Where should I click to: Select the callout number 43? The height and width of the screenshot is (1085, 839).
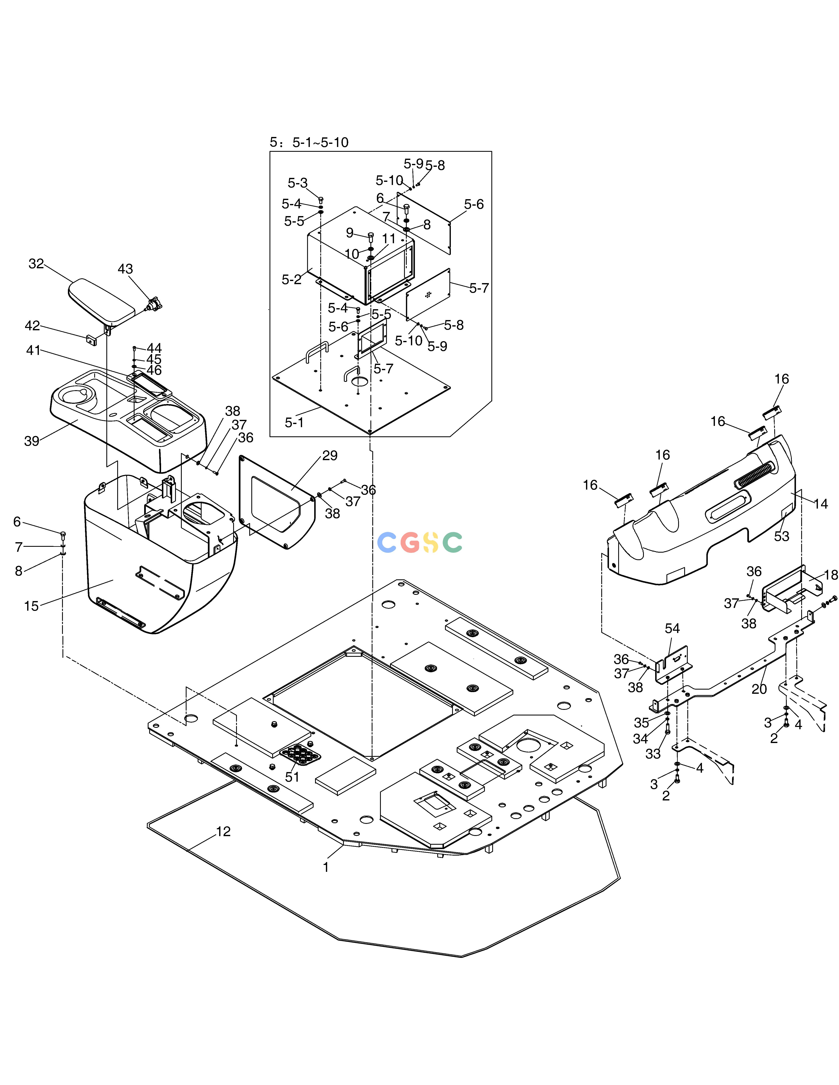pos(125,269)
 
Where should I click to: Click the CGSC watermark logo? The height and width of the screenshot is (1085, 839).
pos(420,542)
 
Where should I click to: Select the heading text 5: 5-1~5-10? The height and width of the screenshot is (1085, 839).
pos(309,143)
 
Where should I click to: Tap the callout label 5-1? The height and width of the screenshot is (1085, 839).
pos(294,422)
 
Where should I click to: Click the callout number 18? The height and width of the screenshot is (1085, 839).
pos(831,575)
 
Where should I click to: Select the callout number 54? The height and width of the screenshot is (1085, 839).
pos(672,628)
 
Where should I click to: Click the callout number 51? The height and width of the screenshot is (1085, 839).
pos(292,777)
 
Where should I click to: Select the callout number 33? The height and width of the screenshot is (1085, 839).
pos(653,754)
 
